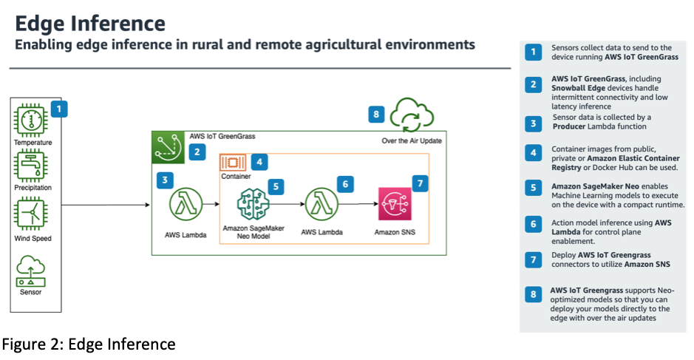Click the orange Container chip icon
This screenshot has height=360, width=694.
click(x=234, y=163)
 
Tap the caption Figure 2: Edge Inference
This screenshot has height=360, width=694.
click(x=89, y=344)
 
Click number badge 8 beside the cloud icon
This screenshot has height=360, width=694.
click(x=377, y=114)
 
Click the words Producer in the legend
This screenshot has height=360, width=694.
click(x=574, y=126)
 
